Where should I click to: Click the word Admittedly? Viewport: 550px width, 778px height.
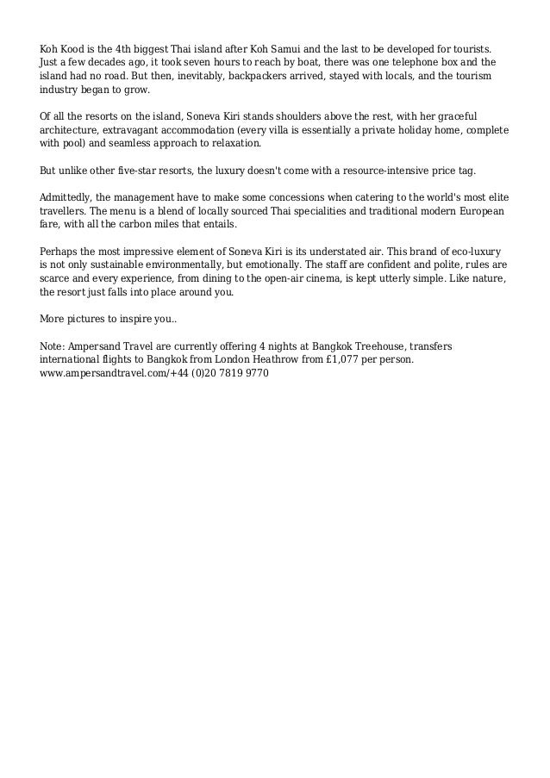(x=70, y=197)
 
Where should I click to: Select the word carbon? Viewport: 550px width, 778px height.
(x=143, y=225)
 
